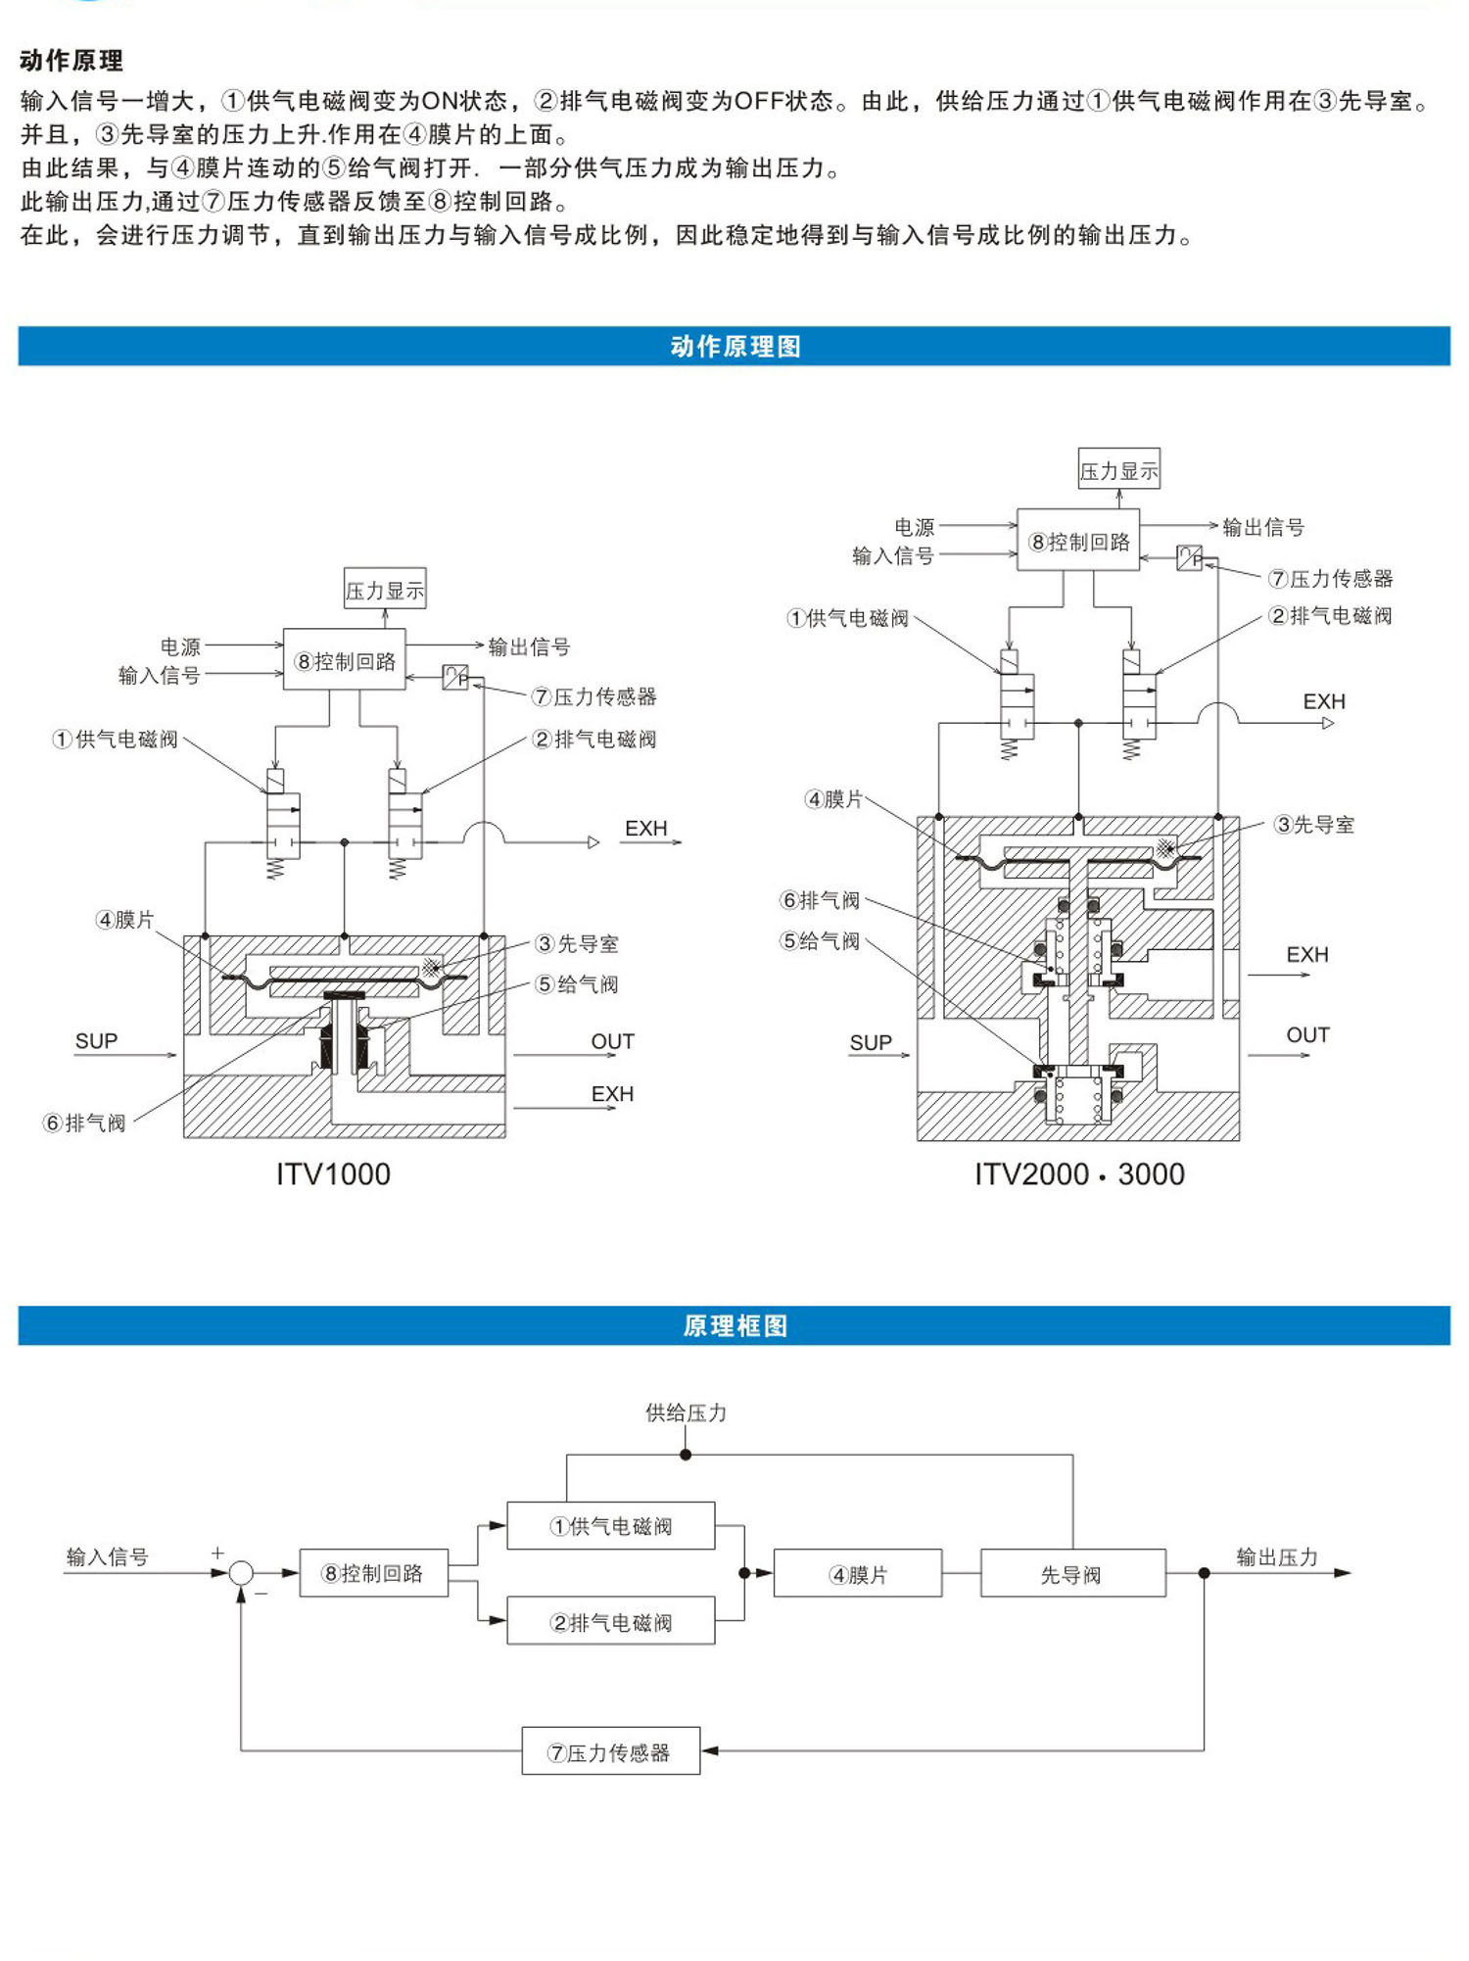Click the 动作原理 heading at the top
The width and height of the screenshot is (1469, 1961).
pyautogui.click(x=71, y=61)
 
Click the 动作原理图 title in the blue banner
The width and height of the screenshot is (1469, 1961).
pyautogui.click(x=734, y=347)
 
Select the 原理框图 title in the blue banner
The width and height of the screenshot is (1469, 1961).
pyautogui.click(x=734, y=1325)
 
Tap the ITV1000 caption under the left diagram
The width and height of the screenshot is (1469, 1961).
pyautogui.click(x=333, y=1173)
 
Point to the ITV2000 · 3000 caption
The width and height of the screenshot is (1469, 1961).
pyautogui.click(x=1078, y=1173)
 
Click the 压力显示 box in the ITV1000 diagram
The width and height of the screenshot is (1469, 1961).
pyautogui.click(x=385, y=590)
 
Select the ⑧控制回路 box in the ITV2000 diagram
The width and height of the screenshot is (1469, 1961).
pyautogui.click(x=1078, y=541)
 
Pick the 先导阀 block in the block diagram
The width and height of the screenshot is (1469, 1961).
pyautogui.click(x=1072, y=1574)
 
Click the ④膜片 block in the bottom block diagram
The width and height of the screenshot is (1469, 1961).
pyautogui.click(x=858, y=1574)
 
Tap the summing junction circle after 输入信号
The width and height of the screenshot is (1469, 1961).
pyautogui.click(x=241, y=1574)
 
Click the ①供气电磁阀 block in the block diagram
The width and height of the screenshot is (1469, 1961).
pyautogui.click(x=611, y=1526)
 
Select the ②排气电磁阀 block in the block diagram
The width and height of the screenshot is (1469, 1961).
pyautogui.click(x=611, y=1622)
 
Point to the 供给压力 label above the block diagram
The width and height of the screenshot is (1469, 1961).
pyautogui.click(x=686, y=1412)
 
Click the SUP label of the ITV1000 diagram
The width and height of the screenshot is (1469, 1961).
pyautogui.click(x=96, y=1041)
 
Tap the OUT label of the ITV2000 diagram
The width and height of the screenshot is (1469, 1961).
pyautogui.click(x=1307, y=1035)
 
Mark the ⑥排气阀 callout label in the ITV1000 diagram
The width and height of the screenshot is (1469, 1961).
pyautogui.click(x=85, y=1123)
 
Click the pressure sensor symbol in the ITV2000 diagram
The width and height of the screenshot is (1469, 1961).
pyautogui.click(x=1189, y=557)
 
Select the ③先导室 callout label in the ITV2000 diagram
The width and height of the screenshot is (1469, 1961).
pyautogui.click(x=1313, y=825)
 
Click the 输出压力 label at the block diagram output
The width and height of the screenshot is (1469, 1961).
pyautogui.click(x=1277, y=1556)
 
